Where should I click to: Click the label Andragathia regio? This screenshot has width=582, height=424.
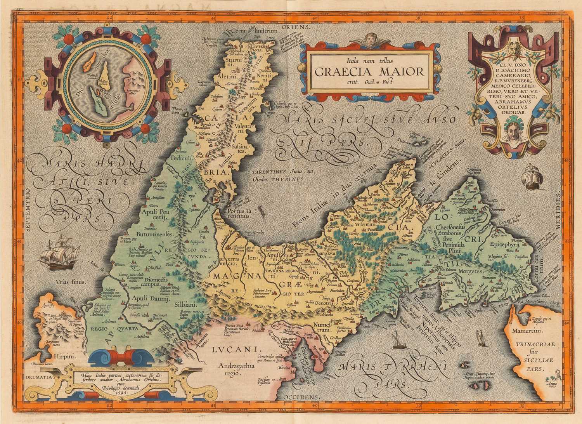coord(230,368)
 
